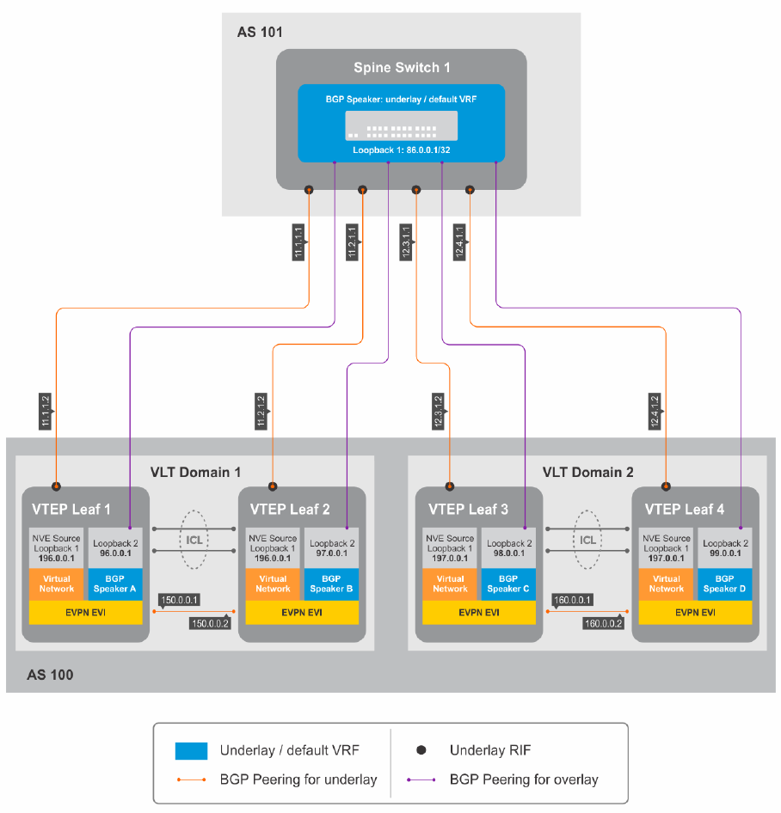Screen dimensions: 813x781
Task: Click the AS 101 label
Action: [x=260, y=33]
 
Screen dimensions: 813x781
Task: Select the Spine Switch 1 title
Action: [x=402, y=67]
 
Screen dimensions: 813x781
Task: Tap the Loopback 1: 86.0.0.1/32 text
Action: [x=401, y=150]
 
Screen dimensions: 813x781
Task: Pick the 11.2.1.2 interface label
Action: [x=260, y=411]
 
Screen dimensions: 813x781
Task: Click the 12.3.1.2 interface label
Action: [x=438, y=411]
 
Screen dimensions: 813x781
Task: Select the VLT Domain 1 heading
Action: [x=195, y=472]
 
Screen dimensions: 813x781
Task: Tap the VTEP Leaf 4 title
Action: [x=684, y=509]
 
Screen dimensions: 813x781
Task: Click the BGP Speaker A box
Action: [x=115, y=584]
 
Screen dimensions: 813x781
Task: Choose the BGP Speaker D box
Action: [x=724, y=584]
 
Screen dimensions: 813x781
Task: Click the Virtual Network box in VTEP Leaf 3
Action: [x=450, y=584]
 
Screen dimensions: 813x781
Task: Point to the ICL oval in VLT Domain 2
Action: [x=587, y=541]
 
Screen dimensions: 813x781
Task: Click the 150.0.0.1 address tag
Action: [x=180, y=599]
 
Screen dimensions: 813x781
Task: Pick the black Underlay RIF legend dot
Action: [x=421, y=750]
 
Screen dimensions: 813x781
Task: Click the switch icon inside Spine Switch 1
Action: [x=402, y=125]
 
